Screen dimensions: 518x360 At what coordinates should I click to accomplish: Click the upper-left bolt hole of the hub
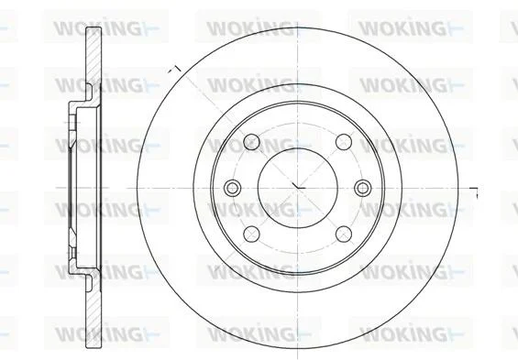251,142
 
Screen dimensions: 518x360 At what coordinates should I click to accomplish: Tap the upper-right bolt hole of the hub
344,142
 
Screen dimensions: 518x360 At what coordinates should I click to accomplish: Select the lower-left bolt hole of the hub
251,234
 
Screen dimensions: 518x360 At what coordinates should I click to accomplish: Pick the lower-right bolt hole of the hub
344,234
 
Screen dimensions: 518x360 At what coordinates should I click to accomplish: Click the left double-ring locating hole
232,188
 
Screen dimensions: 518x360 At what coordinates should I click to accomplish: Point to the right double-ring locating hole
363,188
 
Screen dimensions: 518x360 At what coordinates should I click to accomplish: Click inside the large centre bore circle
298,188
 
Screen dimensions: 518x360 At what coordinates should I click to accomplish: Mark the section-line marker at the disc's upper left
174,70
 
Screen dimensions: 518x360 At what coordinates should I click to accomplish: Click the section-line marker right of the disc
474,192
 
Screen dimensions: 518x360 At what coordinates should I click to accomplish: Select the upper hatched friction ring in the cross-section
94,56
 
